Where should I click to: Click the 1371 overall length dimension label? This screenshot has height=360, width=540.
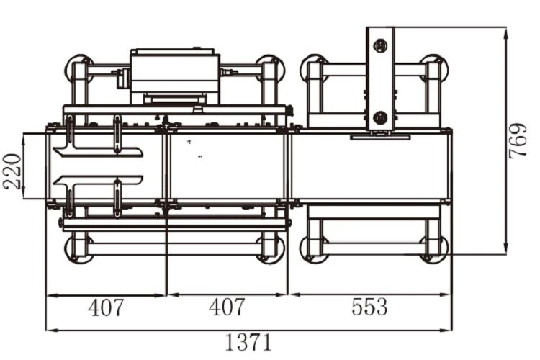248,342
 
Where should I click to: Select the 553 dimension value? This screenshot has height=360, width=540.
369,307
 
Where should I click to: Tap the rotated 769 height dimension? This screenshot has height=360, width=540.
518,140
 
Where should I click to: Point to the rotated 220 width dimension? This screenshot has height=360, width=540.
12,171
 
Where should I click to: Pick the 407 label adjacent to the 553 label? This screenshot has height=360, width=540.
227,307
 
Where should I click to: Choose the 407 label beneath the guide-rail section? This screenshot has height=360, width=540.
105,307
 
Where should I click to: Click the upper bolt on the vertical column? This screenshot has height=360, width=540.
380,45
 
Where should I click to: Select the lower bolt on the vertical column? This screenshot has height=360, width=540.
380,118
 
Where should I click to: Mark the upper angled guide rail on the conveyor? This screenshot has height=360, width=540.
98,152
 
